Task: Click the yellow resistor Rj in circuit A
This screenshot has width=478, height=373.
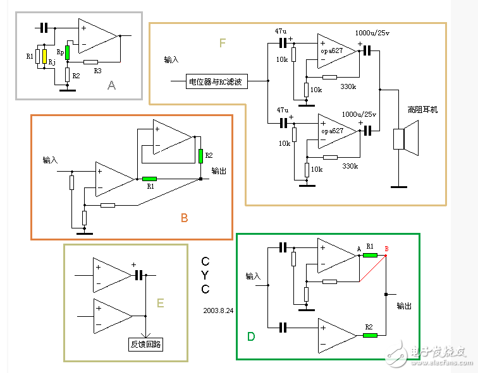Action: tap(45, 55)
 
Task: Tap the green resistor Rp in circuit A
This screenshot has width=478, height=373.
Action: tap(67, 52)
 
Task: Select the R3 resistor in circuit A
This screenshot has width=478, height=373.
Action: tap(91, 62)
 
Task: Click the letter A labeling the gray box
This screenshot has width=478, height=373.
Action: tap(111, 85)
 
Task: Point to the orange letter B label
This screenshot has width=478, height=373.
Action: tap(184, 218)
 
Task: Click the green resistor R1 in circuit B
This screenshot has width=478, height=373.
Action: tap(150, 179)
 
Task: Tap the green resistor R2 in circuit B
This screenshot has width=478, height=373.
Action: tap(200, 156)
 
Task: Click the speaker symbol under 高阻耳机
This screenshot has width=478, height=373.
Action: tap(405, 139)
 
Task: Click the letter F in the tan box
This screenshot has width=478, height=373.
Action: tap(222, 43)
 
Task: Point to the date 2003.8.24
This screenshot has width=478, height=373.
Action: tap(219, 311)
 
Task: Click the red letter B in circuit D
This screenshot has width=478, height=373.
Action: tap(386, 248)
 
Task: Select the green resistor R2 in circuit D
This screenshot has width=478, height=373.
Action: tap(370, 335)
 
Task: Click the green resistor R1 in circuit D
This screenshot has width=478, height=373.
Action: tap(370, 256)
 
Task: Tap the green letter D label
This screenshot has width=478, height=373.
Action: tap(251, 336)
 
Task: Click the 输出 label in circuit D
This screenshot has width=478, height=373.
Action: tap(405, 305)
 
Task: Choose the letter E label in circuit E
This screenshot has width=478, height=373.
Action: tap(160, 304)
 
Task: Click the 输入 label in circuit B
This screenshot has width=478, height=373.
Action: tap(51, 160)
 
